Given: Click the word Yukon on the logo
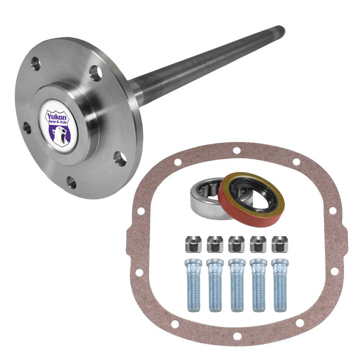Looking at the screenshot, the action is point(57,117).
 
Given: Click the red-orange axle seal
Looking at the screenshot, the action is point(251,198).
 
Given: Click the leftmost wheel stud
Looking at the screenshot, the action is point(193,285).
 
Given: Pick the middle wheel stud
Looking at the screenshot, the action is point(237,285).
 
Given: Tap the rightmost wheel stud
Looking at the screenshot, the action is point(280,285).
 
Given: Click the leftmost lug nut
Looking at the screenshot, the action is point(193,244).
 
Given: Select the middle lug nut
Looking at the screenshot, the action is point(237,244).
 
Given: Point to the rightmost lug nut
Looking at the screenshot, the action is point(280,244).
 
